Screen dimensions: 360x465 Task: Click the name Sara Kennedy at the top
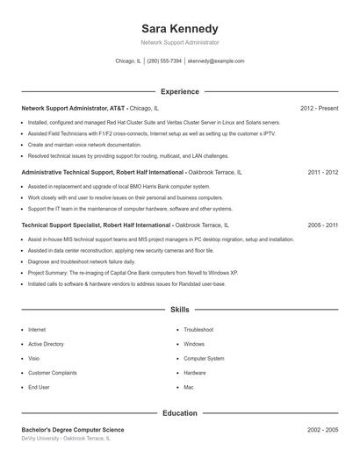pos(180,29)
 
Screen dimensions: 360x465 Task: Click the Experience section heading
pos(180,91)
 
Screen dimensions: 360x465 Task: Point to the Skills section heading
pos(180,310)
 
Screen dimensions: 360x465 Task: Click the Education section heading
pos(180,412)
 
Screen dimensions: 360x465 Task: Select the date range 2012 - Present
pos(319,108)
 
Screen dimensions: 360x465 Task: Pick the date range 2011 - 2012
pos(323,173)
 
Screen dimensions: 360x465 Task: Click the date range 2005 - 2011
pos(323,225)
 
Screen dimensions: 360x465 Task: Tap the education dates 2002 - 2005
pos(323,430)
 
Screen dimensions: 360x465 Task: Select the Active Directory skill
pos(46,344)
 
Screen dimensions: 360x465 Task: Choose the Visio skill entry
pos(33,358)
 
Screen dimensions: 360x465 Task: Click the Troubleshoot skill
pos(198,330)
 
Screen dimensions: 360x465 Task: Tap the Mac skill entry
pos(188,386)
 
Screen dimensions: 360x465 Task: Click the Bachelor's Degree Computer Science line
pos(73,430)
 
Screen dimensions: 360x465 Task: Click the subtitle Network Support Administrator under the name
pos(180,42)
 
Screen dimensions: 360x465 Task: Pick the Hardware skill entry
pos(195,372)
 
